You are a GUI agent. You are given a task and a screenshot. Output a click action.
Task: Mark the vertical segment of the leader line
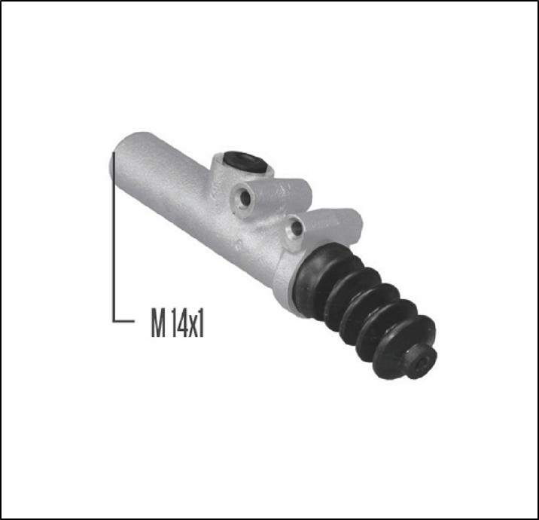[x=114, y=241]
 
